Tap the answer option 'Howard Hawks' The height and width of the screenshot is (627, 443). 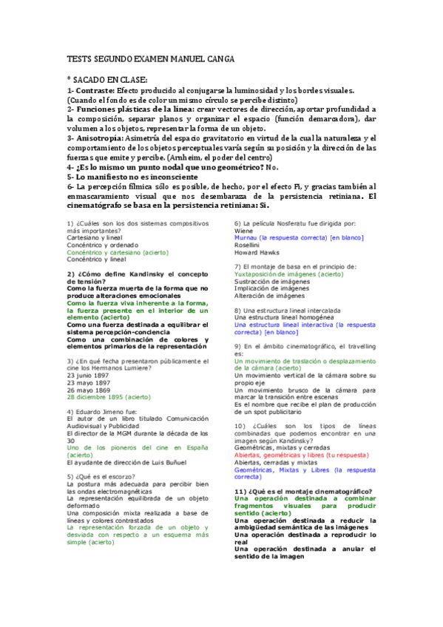255,252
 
